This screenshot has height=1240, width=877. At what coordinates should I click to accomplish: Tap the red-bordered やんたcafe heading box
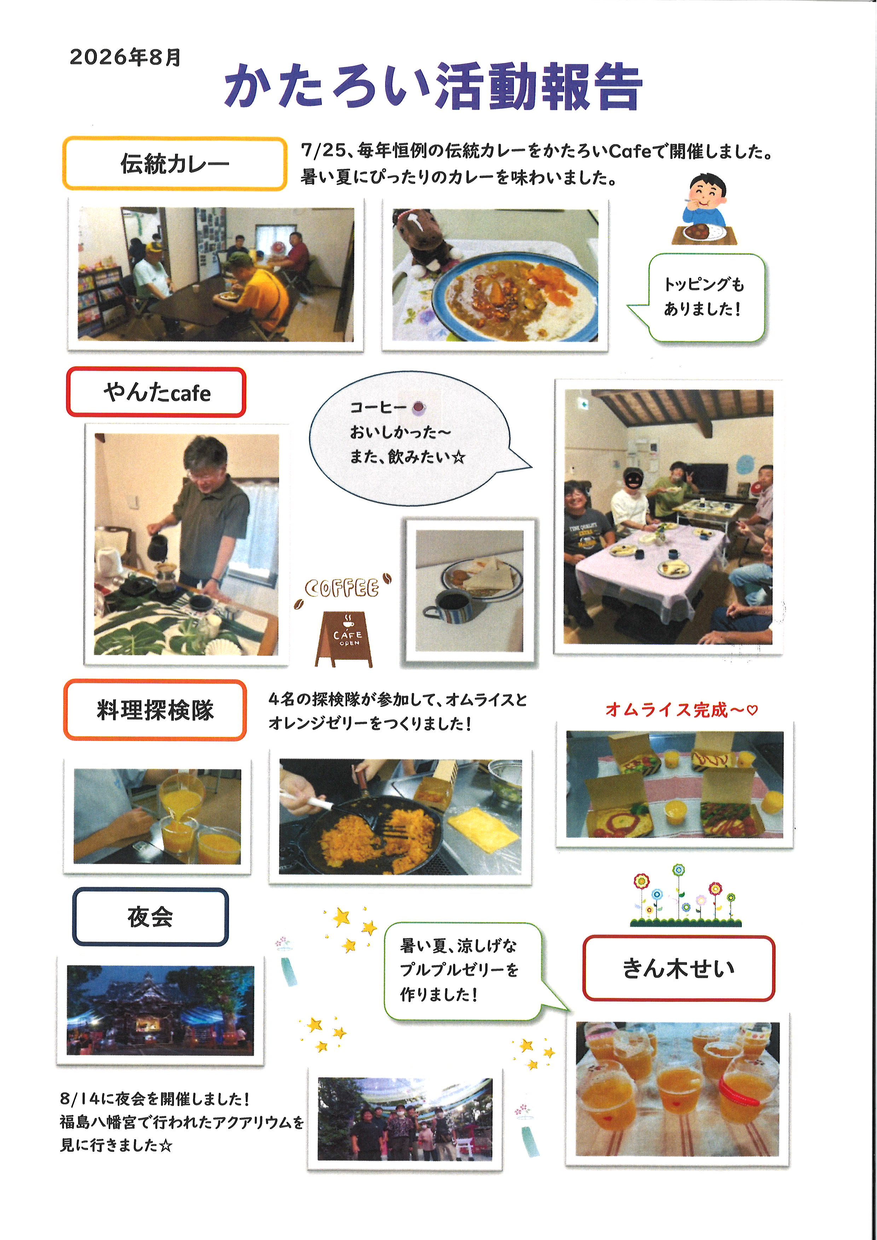[156, 392]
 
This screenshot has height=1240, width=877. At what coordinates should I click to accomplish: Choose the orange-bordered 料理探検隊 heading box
[155, 710]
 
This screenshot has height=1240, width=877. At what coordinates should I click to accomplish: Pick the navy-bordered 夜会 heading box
[151, 917]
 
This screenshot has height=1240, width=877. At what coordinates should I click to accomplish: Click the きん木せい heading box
[678, 968]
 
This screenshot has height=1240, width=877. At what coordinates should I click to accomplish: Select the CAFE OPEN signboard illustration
[344, 639]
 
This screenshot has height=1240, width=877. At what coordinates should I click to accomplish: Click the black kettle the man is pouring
[158, 547]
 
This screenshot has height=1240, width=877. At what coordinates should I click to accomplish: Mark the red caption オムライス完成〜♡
[681, 710]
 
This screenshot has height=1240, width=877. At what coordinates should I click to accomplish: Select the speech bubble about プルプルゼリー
[470, 971]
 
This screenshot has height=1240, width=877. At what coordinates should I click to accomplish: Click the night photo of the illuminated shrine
[161, 1010]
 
